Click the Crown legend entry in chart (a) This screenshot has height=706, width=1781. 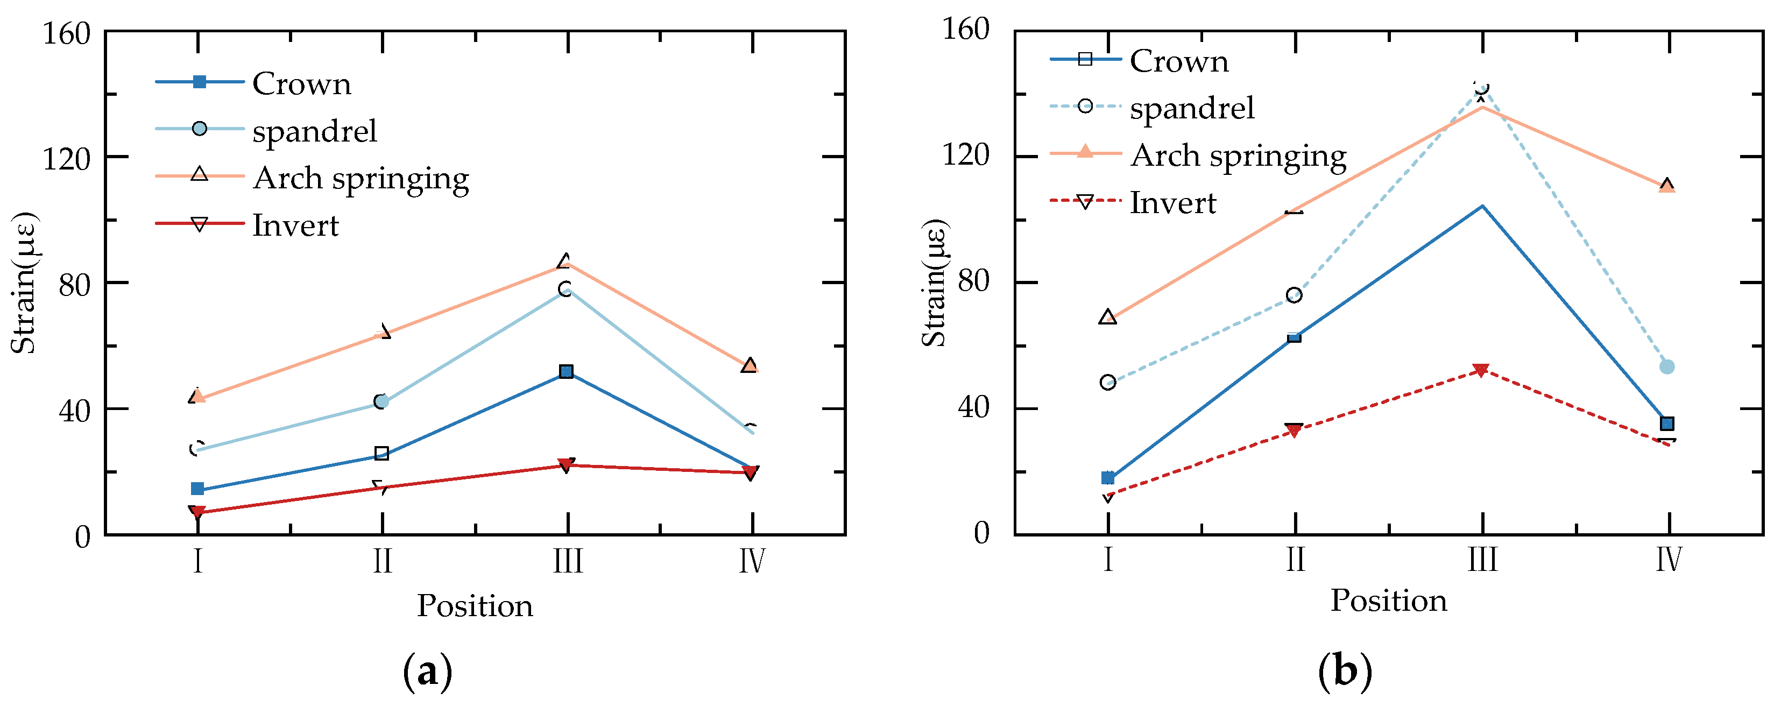click(301, 83)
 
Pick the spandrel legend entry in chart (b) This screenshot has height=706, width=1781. click(1191, 108)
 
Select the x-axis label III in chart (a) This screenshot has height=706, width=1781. click(568, 561)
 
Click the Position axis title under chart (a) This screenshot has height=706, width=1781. click(475, 606)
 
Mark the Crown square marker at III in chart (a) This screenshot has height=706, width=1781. click(566, 372)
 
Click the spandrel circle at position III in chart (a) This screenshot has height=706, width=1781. click(566, 289)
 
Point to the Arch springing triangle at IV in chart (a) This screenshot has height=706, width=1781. click(750, 364)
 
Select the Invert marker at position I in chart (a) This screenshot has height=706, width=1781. click(197, 512)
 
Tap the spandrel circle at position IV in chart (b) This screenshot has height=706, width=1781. click(1667, 367)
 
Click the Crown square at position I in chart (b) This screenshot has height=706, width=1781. click(1107, 478)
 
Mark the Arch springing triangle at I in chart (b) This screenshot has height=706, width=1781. click(1107, 318)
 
